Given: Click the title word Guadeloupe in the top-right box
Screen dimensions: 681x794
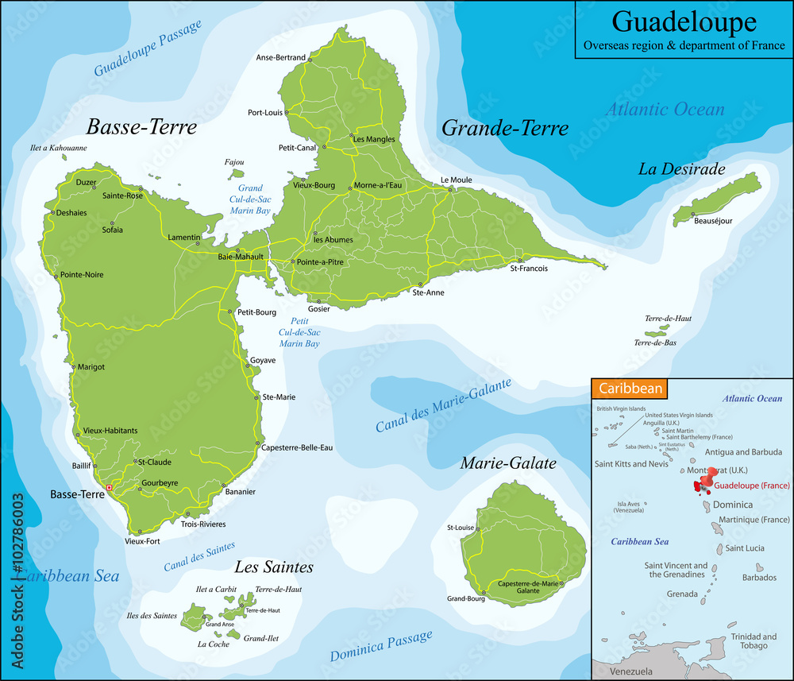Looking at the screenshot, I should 683,21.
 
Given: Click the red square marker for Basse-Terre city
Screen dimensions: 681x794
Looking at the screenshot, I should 110,487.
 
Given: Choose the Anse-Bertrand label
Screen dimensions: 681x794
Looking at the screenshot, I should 280,57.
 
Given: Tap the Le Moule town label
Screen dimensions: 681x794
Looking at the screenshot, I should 456,180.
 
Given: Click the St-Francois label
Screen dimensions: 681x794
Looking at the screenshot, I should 529,269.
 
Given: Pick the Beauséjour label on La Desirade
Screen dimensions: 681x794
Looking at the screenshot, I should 713,222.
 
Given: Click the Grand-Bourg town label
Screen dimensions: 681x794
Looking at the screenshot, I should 465,598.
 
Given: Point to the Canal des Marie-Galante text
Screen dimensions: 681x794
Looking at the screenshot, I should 443,405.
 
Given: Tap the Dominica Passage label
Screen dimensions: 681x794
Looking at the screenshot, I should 381,644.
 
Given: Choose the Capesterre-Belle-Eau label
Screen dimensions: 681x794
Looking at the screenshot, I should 296,447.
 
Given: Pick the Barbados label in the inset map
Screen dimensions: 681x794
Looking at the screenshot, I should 759,578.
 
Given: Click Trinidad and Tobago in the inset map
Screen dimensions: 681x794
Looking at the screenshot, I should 754,640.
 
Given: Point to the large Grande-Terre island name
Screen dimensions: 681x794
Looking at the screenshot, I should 504,128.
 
